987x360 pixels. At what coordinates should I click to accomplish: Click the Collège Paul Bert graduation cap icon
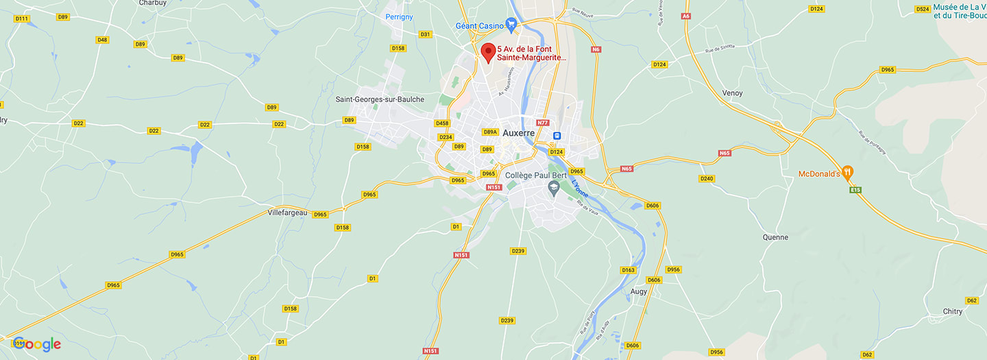click(x=553, y=187)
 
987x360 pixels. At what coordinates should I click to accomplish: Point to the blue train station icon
click(x=557, y=136)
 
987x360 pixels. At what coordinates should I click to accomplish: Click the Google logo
click(x=36, y=344)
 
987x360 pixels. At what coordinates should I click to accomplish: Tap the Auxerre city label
click(x=518, y=133)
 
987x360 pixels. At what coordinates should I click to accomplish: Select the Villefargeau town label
click(x=287, y=213)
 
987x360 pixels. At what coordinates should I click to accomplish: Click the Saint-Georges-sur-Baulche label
click(x=380, y=99)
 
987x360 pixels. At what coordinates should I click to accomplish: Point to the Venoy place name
click(x=732, y=93)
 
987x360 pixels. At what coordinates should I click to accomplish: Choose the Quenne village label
click(x=775, y=237)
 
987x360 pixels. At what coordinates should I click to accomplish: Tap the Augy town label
click(x=639, y=291)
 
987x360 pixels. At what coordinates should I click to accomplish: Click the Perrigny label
click(x=399, y=16)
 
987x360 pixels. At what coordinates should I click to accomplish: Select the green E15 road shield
click(x=855, y=190)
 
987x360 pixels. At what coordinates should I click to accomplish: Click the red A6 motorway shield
click(x=685, y=16)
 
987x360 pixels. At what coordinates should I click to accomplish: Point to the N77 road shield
click(x=543, y=123)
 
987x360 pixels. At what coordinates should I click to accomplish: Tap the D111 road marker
click(x=21, y=19)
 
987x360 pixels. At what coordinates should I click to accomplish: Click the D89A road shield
click(x=490, y=132)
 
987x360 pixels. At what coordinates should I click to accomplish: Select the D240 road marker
click(x=707, y=178)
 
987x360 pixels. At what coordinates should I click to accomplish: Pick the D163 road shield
click(x=628, y=270)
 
